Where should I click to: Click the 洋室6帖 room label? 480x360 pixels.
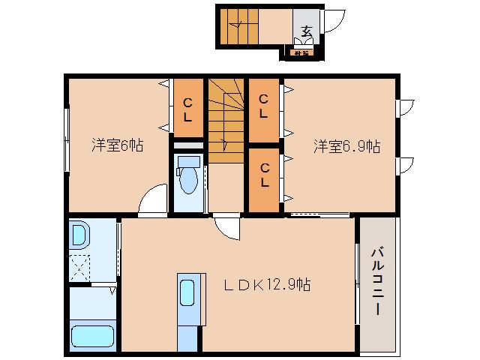(x=118, y=145)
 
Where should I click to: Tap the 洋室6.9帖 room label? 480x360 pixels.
(x=346, y=145)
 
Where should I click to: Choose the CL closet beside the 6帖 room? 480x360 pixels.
(x=187, y=109)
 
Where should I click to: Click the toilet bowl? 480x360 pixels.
(x=187, y=180)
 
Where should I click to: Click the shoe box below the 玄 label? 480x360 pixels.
(x=302, y=52)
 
